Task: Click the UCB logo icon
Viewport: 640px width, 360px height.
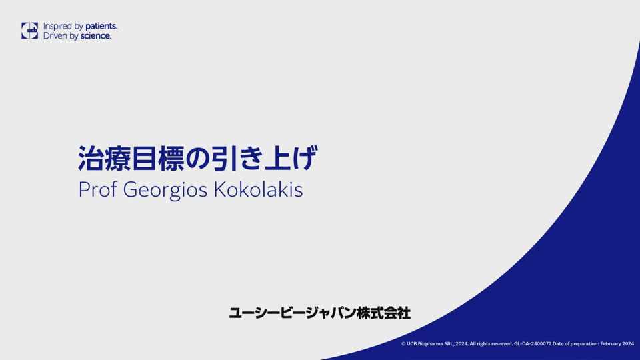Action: [x=29, y=31]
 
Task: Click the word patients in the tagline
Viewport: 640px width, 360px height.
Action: [x=101, y=26]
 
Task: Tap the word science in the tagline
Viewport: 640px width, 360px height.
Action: [x=96, y=36]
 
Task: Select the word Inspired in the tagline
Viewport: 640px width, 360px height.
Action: [x=57, y=27]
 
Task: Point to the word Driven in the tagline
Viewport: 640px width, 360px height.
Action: [x=55, y=36]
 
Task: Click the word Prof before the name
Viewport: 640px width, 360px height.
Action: [x=97, y=189]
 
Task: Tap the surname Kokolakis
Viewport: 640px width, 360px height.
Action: [x=259, y=189]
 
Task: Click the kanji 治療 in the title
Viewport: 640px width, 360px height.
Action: [x=104, y=159]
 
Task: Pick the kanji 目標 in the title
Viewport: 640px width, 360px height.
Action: [x=158, y=159]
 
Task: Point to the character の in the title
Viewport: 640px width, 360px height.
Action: [x=198, y=159]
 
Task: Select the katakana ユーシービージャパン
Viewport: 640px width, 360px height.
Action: [x=292, y=313]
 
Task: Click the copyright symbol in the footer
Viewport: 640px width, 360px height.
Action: [x=403, y=344]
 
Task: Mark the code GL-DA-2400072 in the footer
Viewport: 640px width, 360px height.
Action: [x=533, y=344]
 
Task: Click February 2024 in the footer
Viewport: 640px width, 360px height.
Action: [x=617, y=344]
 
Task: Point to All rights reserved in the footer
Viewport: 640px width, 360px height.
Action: [x=491, y=344]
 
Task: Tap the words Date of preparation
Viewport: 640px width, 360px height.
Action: [x=575, y=344]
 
